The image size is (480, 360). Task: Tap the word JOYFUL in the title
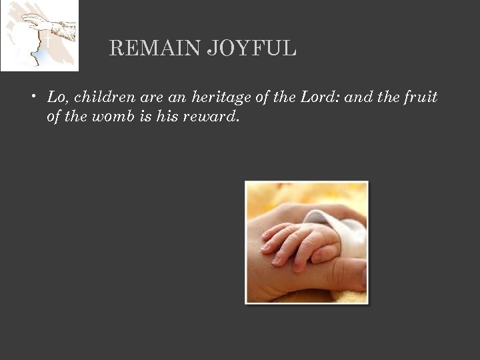pyautogui.click(x=251, y=49)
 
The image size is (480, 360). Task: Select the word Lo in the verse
pyautogui.click(x=57, y=97)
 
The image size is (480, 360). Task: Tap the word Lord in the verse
pyautogui.click(x=319, y=97)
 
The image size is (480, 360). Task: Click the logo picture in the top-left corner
pyautogui.click(x=39, y=35)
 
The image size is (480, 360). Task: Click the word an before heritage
pyautogui.click(x=177, y=97)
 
